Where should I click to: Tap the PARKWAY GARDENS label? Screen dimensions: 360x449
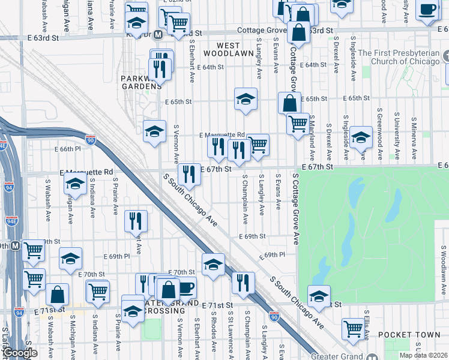point(141,82)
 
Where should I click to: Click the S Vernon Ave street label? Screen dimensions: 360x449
point(176,144)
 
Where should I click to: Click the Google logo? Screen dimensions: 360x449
point(20,353)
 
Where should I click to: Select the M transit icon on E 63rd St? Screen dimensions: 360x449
point(158,35)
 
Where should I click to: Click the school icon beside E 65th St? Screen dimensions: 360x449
point(245,100)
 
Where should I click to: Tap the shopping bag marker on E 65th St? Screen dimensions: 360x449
point(289,103)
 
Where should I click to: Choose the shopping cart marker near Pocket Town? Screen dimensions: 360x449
point(352,328)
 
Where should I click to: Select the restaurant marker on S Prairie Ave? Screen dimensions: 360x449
point(136,220)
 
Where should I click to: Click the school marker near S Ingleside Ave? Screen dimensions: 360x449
point(361,137)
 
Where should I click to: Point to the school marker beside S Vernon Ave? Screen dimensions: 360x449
point(154,131)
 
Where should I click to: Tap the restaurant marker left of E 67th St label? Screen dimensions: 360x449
point(189,174)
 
